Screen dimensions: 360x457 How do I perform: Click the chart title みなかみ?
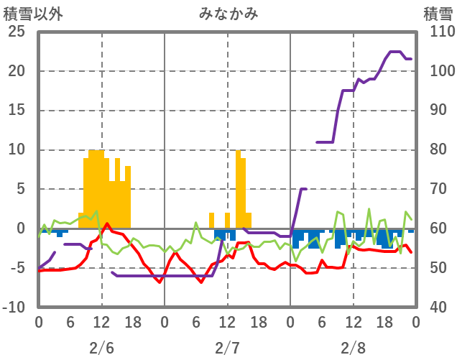[x=228, y=14]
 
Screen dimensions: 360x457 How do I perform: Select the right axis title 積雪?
[x=438, y=14]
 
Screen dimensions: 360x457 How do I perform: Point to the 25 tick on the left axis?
[x=17, y=32]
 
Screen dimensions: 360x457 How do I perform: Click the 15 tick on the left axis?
[x=17, y=111]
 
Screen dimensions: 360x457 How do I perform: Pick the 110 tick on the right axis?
[x=438, y=32]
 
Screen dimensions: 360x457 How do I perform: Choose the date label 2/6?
[x=101, y=348]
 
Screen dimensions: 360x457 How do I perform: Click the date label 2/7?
[x=227, y=348]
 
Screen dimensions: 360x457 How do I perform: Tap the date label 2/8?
[x=353, y=348]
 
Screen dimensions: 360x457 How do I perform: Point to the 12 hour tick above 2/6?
[x=101, y=322]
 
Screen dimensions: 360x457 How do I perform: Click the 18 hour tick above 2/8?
[x=384, y=322]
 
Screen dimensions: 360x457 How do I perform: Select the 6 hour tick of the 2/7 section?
[x=196, y=322]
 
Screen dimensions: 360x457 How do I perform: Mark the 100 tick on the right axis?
[x=438, y=72]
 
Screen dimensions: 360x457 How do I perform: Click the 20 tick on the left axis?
[x=17, y=72]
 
